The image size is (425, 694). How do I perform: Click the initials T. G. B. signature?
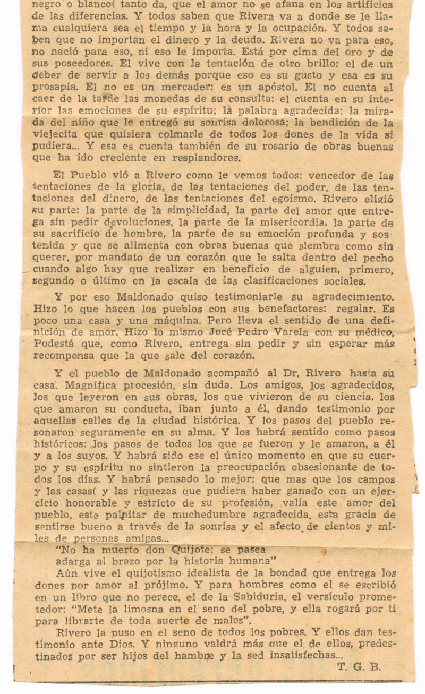[x=359, y=667]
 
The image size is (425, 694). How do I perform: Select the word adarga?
[x=73, y=561]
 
